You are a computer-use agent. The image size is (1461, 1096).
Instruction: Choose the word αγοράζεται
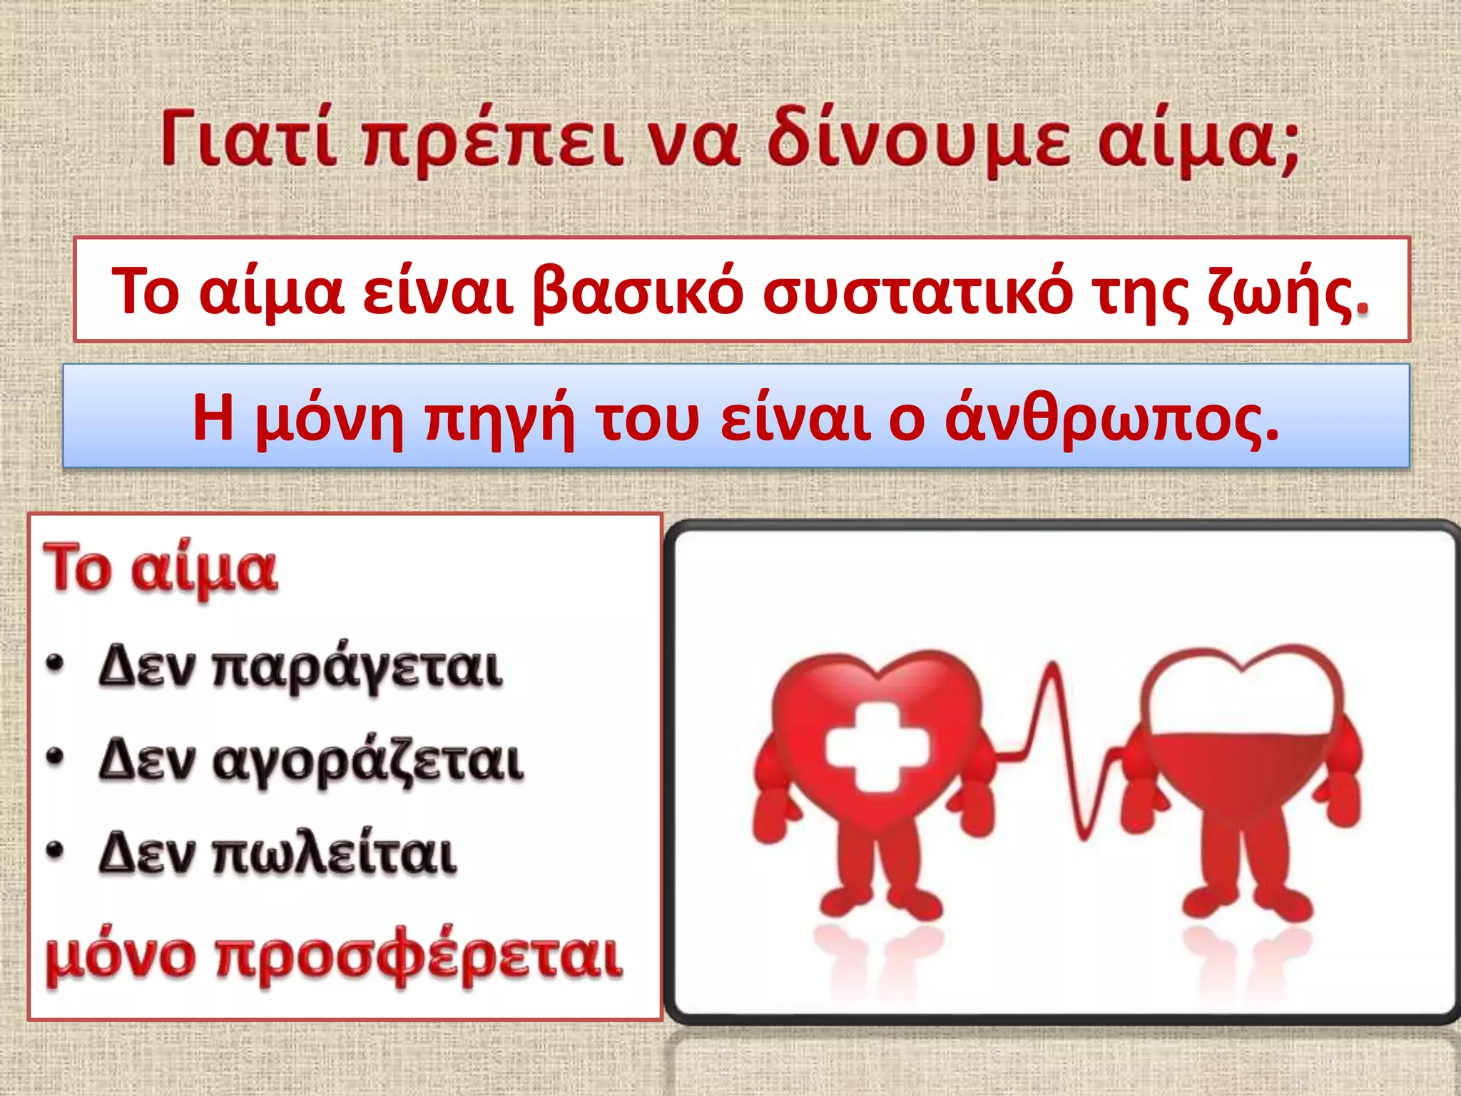pyautogui.click(x=368, y=762)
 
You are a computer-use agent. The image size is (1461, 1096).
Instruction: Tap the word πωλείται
pyautogui.click(x=335, y=853)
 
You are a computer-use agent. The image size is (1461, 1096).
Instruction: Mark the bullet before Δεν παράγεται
pyautogui.click(x=55, y=665)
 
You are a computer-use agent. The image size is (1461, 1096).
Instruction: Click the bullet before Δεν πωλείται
pyautogui.click(x=55, y=851)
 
